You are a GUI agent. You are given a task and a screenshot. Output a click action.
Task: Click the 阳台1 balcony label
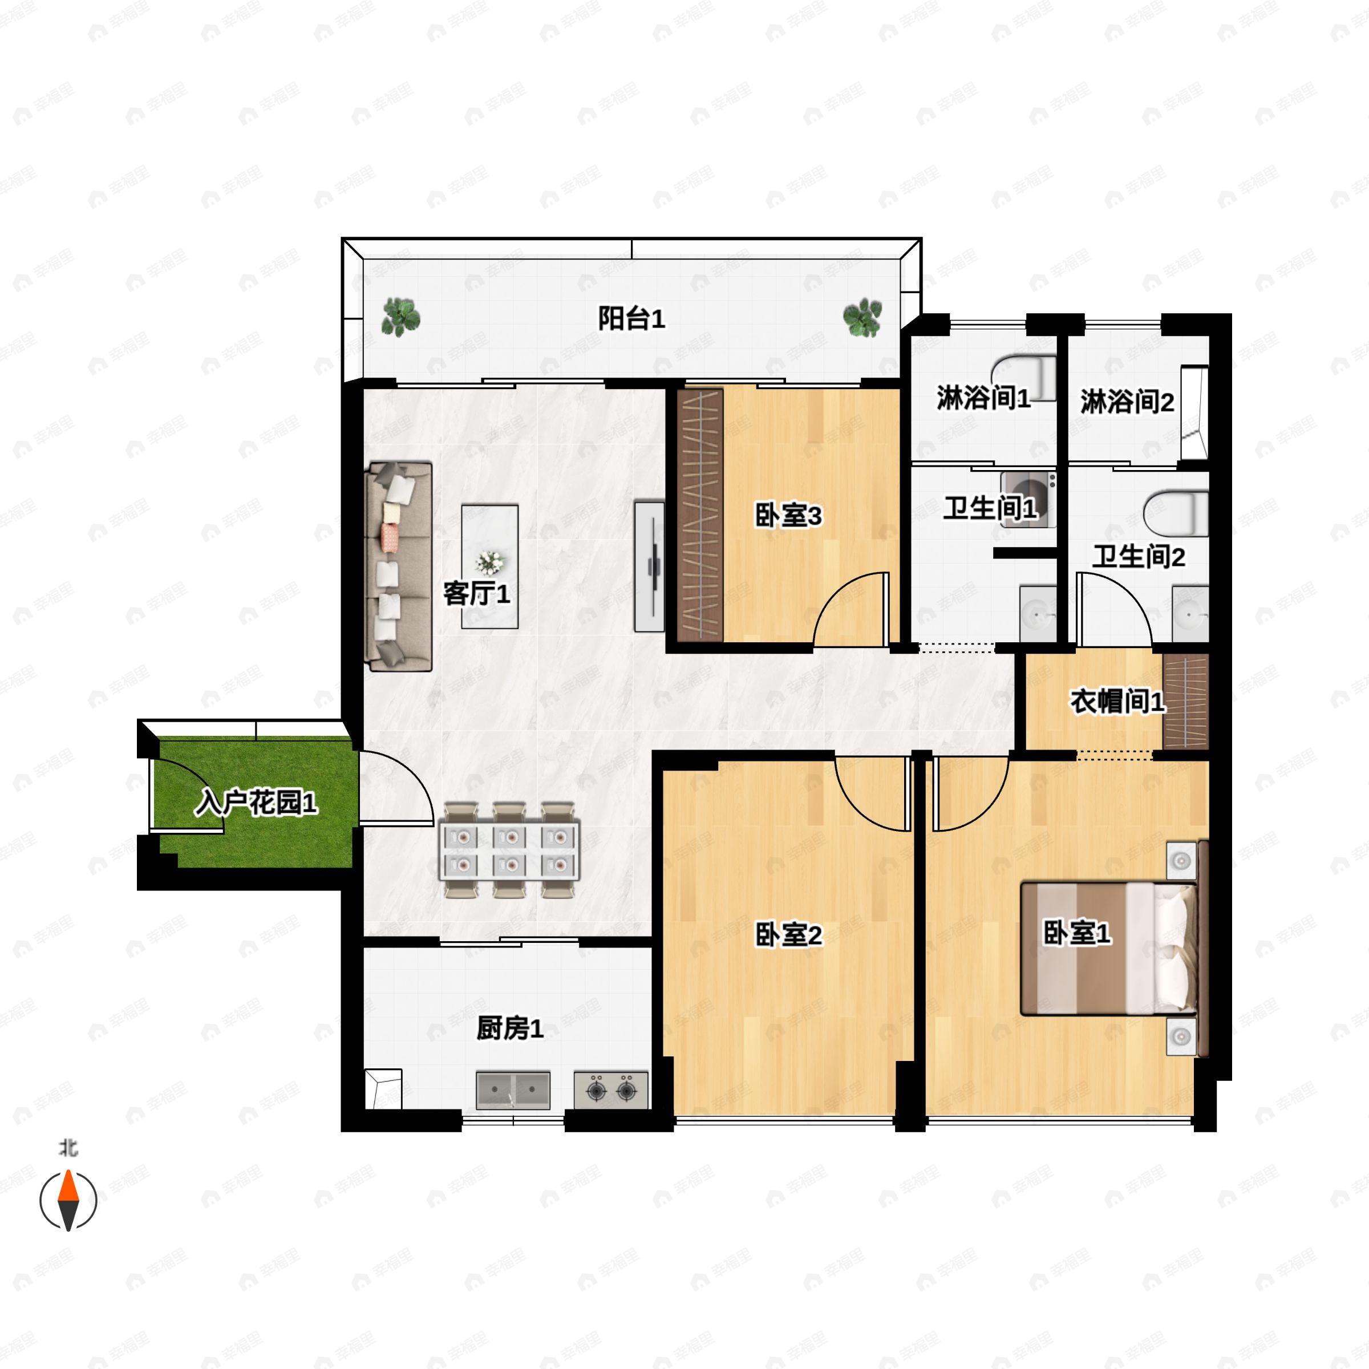631,319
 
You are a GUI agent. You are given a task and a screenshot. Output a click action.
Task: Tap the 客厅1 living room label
476,593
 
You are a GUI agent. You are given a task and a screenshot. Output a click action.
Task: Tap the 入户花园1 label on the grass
256,803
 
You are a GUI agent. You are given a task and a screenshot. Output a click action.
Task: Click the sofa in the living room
398,566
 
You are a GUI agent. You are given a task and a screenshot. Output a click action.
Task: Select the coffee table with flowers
489,566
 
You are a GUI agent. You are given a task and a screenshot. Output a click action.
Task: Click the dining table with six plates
509,850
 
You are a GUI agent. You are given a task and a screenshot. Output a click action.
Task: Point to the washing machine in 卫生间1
1028,499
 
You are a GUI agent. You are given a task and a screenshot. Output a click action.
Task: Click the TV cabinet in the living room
650,566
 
